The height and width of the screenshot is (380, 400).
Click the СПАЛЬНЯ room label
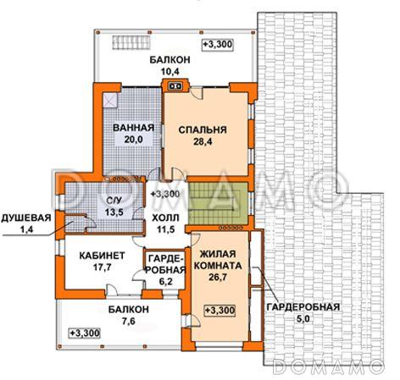[203, 129]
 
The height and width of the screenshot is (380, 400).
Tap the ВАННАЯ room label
[133, 128]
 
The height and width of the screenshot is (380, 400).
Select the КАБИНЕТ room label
[102, 256]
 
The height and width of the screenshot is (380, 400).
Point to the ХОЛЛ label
[165, 218]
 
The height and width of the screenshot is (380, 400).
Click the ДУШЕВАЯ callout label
[26, 218]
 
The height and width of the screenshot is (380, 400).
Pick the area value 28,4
[203, 141]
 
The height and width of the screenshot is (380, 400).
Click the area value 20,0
[133, 140]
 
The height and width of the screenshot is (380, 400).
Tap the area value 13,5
[114, 212]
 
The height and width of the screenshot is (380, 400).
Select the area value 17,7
[102, 267]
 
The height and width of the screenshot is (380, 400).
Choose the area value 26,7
[218, 277]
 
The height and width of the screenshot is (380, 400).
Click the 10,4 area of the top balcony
[170, 71]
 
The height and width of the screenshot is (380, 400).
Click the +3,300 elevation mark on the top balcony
[218, 44]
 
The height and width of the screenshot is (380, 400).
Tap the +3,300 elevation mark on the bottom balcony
[85, 333]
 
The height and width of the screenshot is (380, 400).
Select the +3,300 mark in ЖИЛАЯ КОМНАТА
[219, 311]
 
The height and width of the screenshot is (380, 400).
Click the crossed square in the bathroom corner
[110, 101]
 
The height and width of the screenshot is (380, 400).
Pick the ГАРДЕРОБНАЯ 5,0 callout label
[303, 312]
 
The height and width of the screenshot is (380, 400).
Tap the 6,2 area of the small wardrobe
[165, 281]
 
